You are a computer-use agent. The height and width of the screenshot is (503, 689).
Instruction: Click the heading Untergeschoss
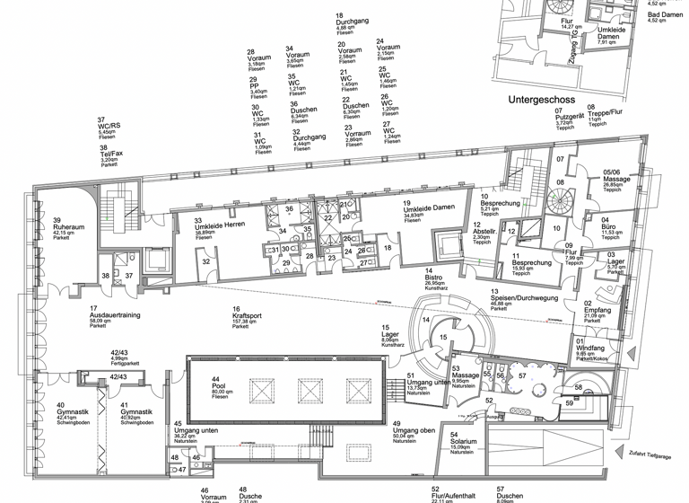pos(546,101)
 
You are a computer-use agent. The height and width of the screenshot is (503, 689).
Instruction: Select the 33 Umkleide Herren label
pos(213,226)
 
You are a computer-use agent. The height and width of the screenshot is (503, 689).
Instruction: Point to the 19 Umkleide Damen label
pos(425,212)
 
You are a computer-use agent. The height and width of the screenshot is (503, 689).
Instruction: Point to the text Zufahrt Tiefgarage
pos(650,455)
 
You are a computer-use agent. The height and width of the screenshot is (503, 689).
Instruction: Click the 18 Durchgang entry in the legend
pos(352,23)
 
